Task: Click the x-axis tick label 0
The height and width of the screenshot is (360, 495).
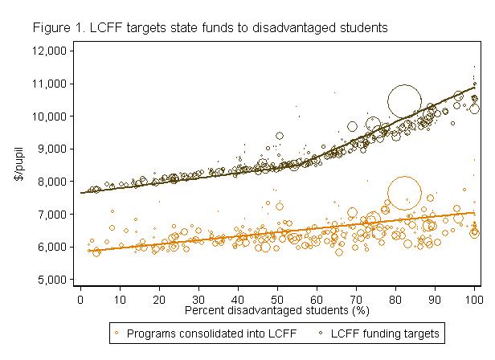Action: [x=80, y=299]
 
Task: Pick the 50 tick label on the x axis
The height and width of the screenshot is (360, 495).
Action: [x=277, y=299]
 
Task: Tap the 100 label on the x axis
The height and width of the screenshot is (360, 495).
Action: [x=474, y=299]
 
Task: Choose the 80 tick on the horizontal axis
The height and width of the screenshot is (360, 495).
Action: [x=395, y=299]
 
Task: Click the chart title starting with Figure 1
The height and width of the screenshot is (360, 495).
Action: [x=211, y=27]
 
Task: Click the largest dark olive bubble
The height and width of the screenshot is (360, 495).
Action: [x=405, y=101]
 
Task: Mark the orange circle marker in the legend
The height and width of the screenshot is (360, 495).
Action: [x=118, y=331]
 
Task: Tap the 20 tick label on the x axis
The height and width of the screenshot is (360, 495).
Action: [x=159, y=299]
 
